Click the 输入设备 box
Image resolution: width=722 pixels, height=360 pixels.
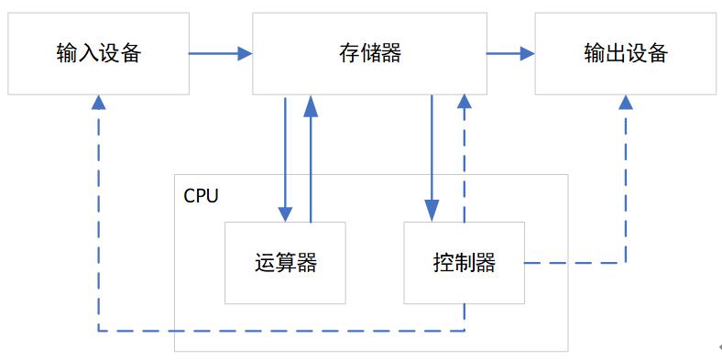[98, 53]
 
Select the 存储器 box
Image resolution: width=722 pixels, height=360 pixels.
[369, 53]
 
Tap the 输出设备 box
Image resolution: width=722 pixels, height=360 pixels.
[625, 53]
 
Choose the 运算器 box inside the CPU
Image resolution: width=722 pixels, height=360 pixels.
[285, 263]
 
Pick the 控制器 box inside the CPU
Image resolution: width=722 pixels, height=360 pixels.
[464, 263]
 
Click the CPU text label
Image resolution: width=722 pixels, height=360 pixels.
[201, 196]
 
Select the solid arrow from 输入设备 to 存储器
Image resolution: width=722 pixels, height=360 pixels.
[220, 54]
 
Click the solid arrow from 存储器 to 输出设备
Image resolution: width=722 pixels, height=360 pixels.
[509, 54]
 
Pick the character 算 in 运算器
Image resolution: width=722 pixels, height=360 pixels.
[285, 263]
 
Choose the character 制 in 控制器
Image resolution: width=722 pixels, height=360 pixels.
[464, 263]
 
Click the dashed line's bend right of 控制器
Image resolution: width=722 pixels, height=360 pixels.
[626, 263]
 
